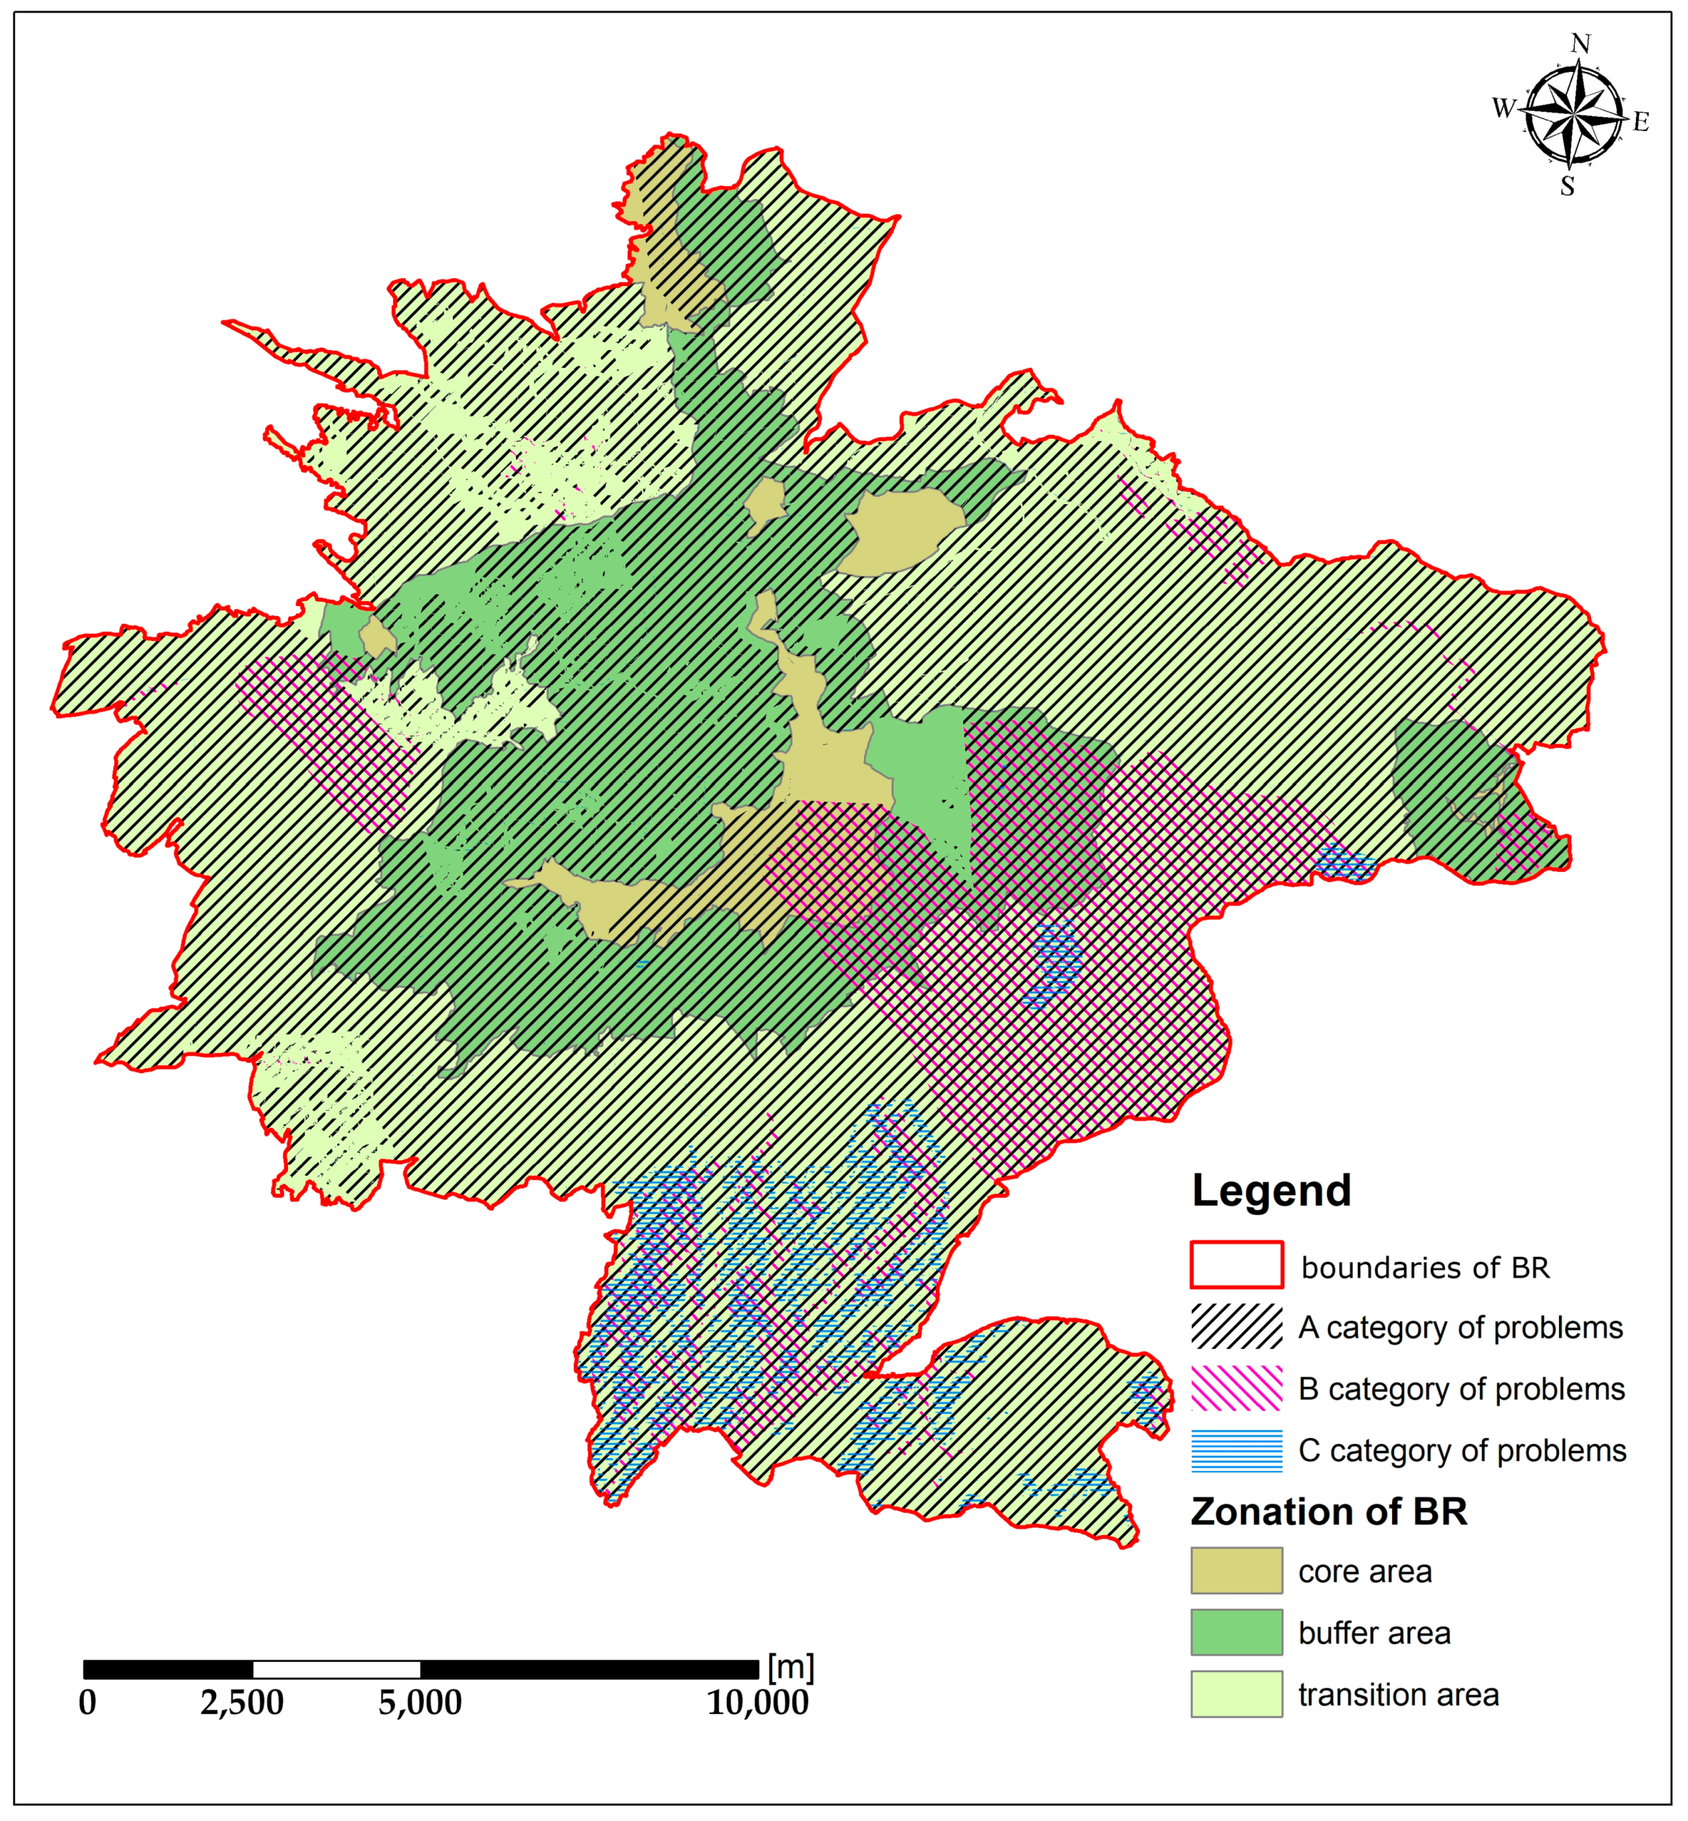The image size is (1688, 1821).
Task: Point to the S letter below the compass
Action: point(1568,186)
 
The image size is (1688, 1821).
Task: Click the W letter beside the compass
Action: point(1504,108)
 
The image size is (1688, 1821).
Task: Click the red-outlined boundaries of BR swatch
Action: point(1236,1265)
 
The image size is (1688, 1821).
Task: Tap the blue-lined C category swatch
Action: point(1236,1450)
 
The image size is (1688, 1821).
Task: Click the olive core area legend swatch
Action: point(1236,1571)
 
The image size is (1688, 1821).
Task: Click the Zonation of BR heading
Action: point(1328,1512)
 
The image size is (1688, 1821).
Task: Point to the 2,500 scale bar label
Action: point(242,1702)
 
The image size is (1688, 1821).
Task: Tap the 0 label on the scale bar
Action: point(88,1702)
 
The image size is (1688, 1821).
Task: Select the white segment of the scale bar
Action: point(336,1670)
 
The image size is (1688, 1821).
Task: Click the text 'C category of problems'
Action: point(1461,1450)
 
